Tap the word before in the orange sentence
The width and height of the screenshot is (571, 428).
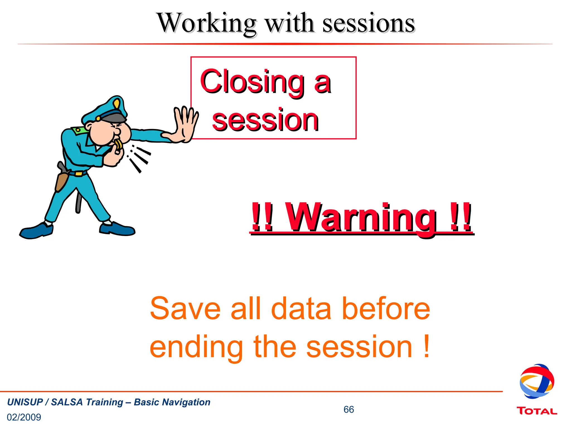point(386,309)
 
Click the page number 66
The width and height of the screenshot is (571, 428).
point(349,409)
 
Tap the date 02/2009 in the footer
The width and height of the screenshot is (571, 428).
point(24,417)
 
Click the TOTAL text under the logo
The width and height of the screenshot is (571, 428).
point(537,411)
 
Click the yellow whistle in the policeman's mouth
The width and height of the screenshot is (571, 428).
point(118,145)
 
